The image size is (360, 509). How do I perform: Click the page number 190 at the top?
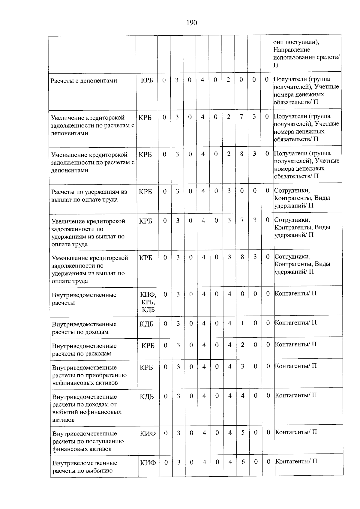pyautogui.click(x=192, y=23)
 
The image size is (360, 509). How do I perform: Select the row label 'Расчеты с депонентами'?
pyautogui.click(x=84, y=81)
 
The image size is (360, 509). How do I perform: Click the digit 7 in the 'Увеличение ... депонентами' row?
pyautogui.click(x=241, y=117)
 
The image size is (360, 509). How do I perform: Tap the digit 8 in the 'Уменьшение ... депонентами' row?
pyautogui.click(x=241, y=154)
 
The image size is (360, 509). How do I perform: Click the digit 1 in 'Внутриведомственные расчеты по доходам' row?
pyautogui.click(x=242, y=324)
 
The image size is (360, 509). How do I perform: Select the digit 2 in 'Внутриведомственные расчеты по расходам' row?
pyautogui.click(x=242, y=345)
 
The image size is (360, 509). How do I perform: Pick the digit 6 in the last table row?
pyautogui.click(x=243, y=462)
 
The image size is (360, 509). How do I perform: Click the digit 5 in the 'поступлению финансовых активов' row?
pyautogui.click(x=243, y=433)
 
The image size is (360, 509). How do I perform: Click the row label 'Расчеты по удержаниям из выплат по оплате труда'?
pyautogui.click(x=89, y=196)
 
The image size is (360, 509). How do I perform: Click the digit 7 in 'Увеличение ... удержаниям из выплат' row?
pyautogui.click(x=242, y=220)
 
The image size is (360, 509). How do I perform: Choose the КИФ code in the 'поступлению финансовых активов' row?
pyautogui.click(x=148, y=433)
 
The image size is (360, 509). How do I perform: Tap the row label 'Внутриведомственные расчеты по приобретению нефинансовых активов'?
pyautogui.click(x=89, y=375)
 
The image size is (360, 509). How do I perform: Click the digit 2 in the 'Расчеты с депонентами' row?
pyautogui.click(x=228, y=80)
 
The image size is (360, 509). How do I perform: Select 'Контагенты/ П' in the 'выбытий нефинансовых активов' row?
pyautogui.click(x=296, y=395)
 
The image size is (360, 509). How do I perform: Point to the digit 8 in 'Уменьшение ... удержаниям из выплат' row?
pyautogui.click(x=242, y=257)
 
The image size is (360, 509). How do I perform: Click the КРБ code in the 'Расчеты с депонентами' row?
pyautogui.click(x=147, y=80)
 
